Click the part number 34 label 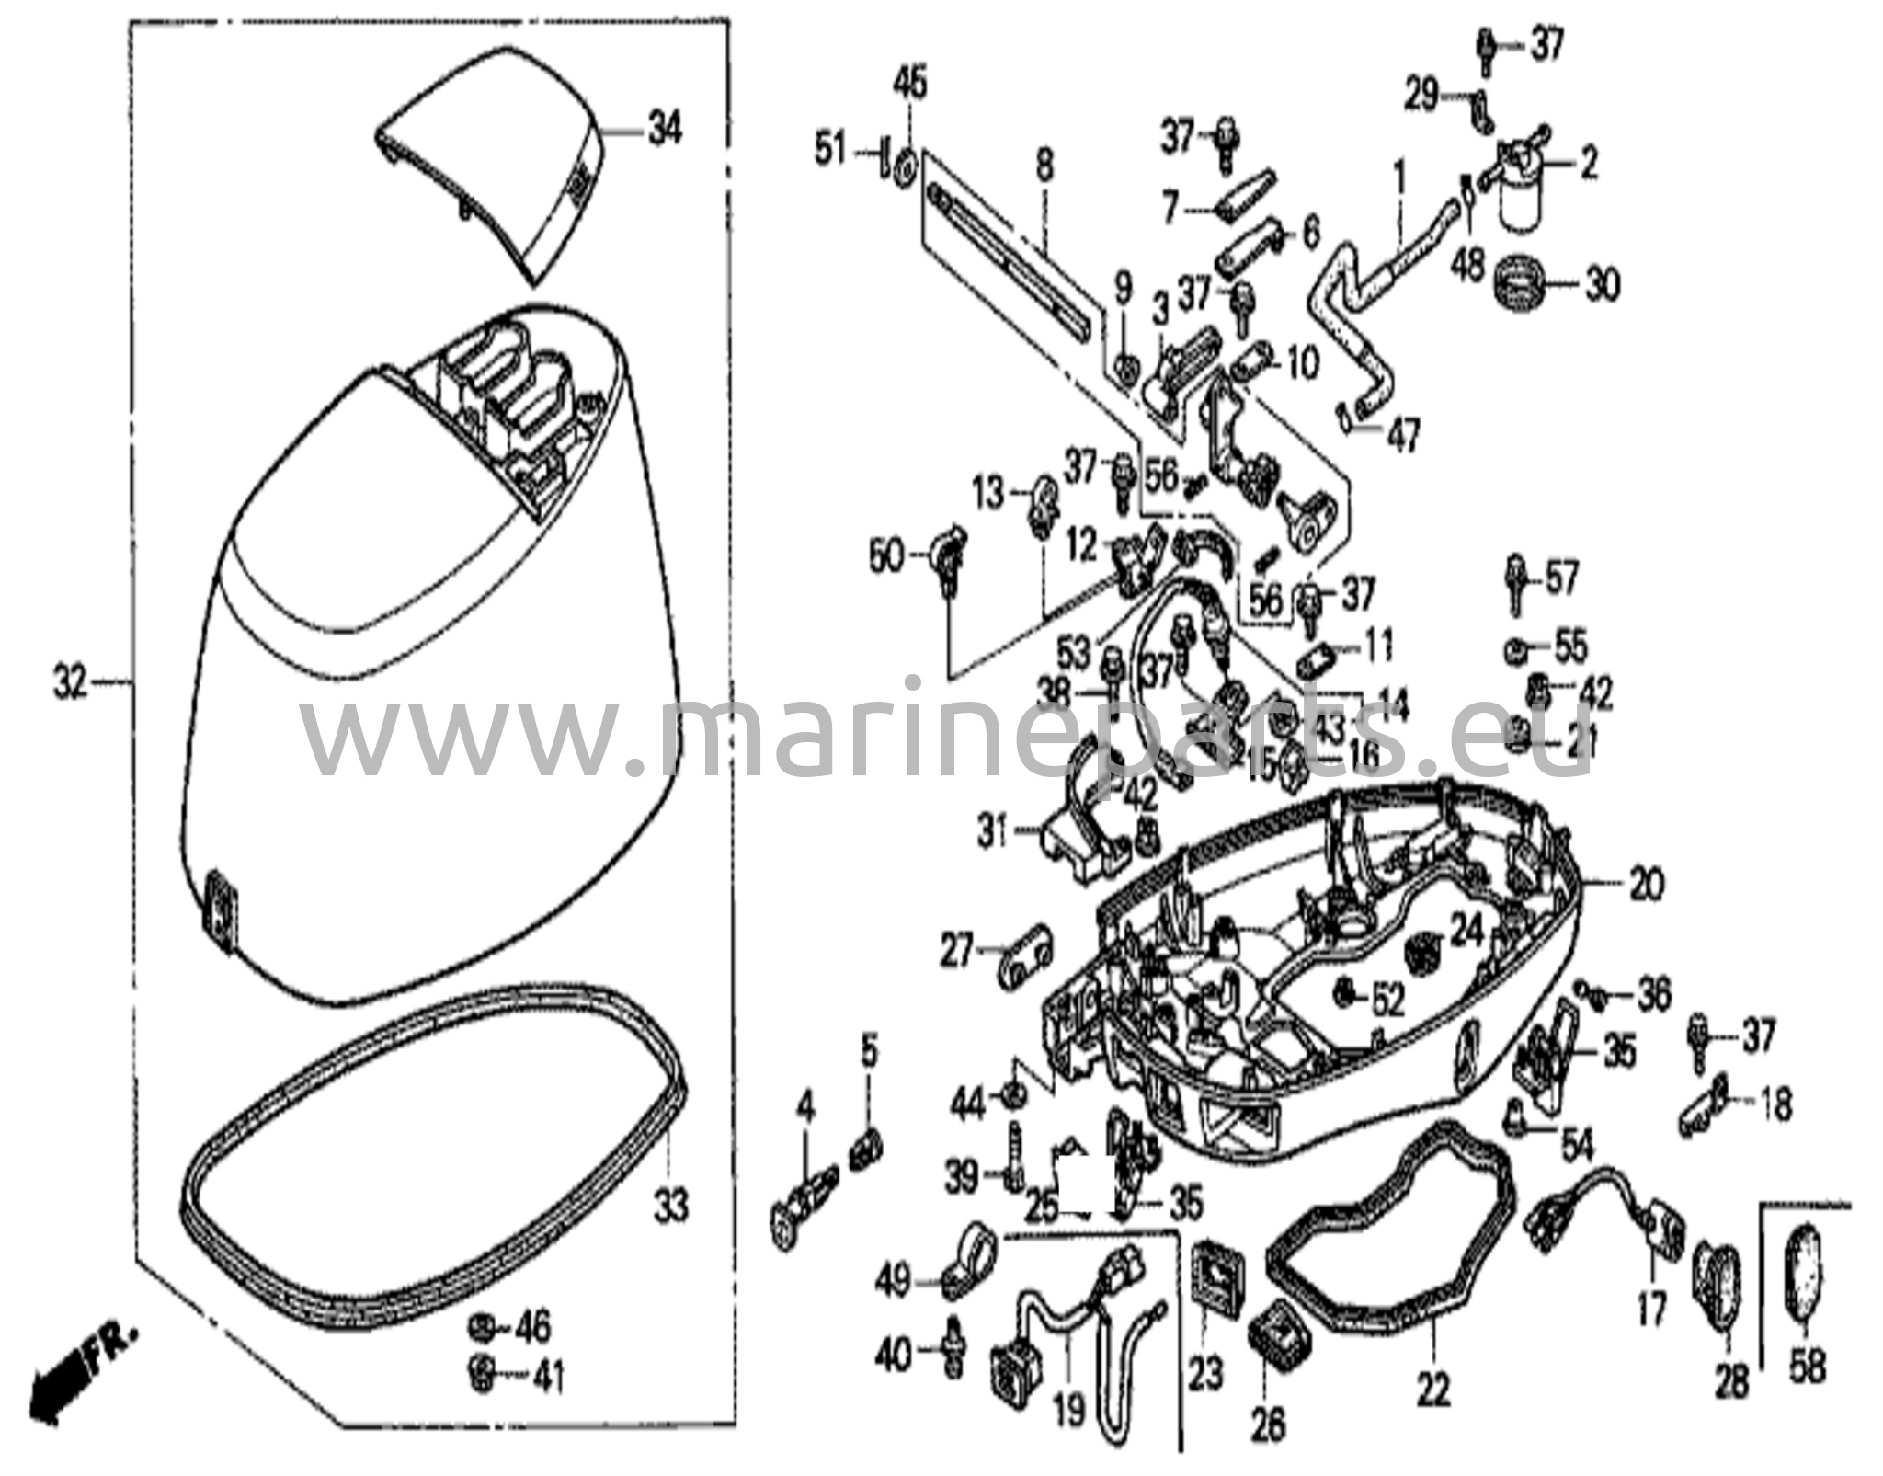(665, 130)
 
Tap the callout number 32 (70, 682)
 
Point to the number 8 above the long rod (1044, 167)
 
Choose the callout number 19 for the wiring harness (1069, 1409)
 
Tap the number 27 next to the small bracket (956, 951)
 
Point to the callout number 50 (886, 558)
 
